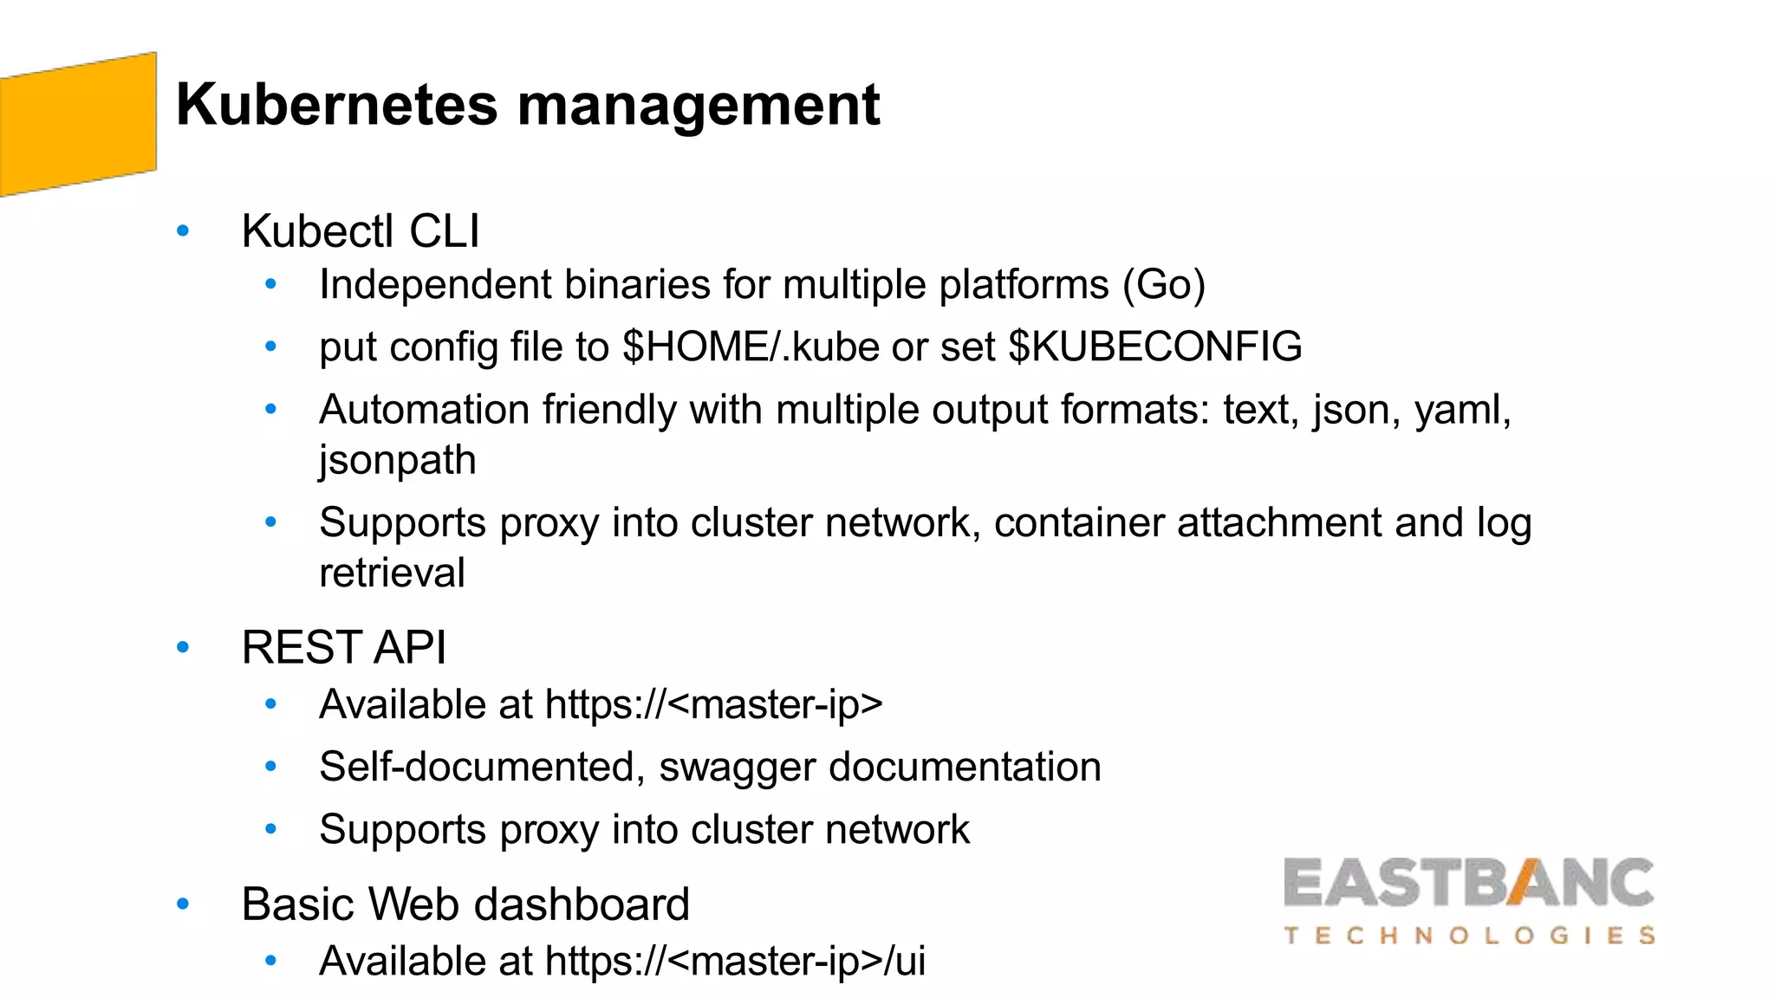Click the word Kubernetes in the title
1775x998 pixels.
pyautogui.click(x=336, y=105)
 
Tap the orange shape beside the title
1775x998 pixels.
pyautogui.click(x=78, y=124)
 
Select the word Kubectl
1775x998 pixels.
pyautogui.click(x=317, y=231)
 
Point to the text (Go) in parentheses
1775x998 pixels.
pyautogui.click(x=1164, y=285)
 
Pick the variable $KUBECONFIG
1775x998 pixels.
pyautogui.click(x=1155, y=347)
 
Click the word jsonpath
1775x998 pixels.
pyautogui.click(x=397, y=460)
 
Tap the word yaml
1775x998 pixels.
pyautogui.click(x=1461, y=410)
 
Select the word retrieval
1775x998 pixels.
pyautogui.click(x=392, y=573)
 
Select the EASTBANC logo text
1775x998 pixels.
pyautogui.click(x=1468, y=884)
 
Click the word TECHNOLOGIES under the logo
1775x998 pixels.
pyautogui.click(x=1469, y=936)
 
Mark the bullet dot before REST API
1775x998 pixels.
pyautogui.click(x=183, y=647)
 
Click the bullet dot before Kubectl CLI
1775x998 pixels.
pyautogui.click(x=183, y=231)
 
